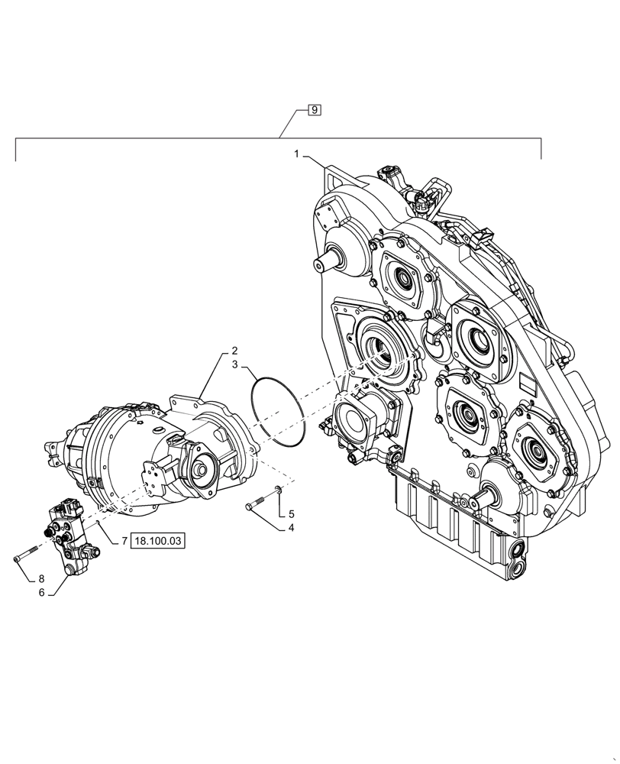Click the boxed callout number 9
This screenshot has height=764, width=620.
click(x=315, y=110)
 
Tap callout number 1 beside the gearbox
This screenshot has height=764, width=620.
click(x=296, y=154)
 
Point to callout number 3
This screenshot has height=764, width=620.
click(x=235, y=365)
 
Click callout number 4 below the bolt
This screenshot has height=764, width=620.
click(x=291, y=528)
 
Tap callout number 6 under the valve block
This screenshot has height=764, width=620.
click(x=42, y=592)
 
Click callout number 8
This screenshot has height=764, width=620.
click(x=42, y=578)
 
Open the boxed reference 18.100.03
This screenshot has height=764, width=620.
click(x=159, y=541)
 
